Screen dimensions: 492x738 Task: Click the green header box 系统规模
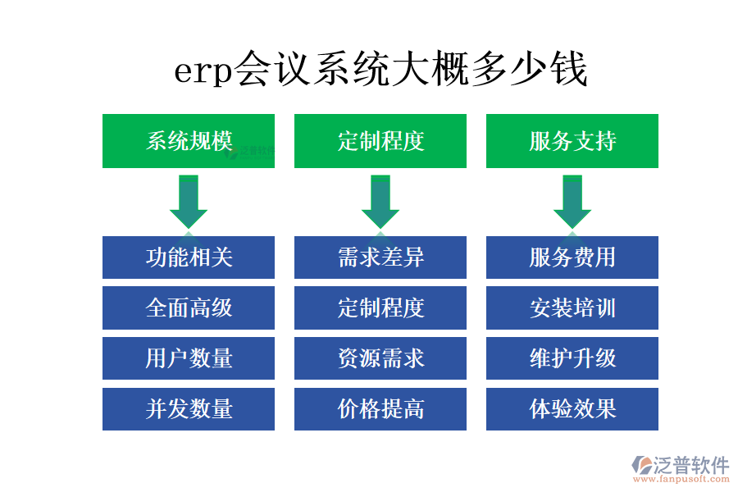pyautogui.click(x=189, y=141)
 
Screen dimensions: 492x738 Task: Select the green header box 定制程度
pyautogui.click(x=380, y=141)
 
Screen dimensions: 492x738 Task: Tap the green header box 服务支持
pyautogui.click(x=572, y=141)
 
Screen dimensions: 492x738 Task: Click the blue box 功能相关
pyautogui.click(x=189, y=257)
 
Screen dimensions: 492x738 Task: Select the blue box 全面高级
pyautogui.click(x=189, y=308)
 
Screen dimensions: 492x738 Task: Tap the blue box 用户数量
pyautogui.click(x=189, y=358)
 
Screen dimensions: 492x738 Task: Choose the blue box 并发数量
pyautogui.click(x=189, y=409)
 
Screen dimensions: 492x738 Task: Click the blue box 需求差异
pyautogui.click(x=380, y=257)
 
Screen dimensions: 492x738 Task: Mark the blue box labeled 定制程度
pyautogui.click(x=380, y=308)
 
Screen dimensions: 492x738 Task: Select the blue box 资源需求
pyautogui.click(x=380, y=358)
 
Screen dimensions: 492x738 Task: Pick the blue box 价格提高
pyautogui.click(x=380, y=409)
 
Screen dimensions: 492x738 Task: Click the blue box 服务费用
pyautogui.click(x=572, y=257)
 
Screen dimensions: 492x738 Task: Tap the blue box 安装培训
pyautogui.click(x=572, y=308)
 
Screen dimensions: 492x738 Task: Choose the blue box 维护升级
pyautogui.click(x=572, y=358)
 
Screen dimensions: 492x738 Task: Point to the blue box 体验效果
pyautogui.click(x=572, y=409)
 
